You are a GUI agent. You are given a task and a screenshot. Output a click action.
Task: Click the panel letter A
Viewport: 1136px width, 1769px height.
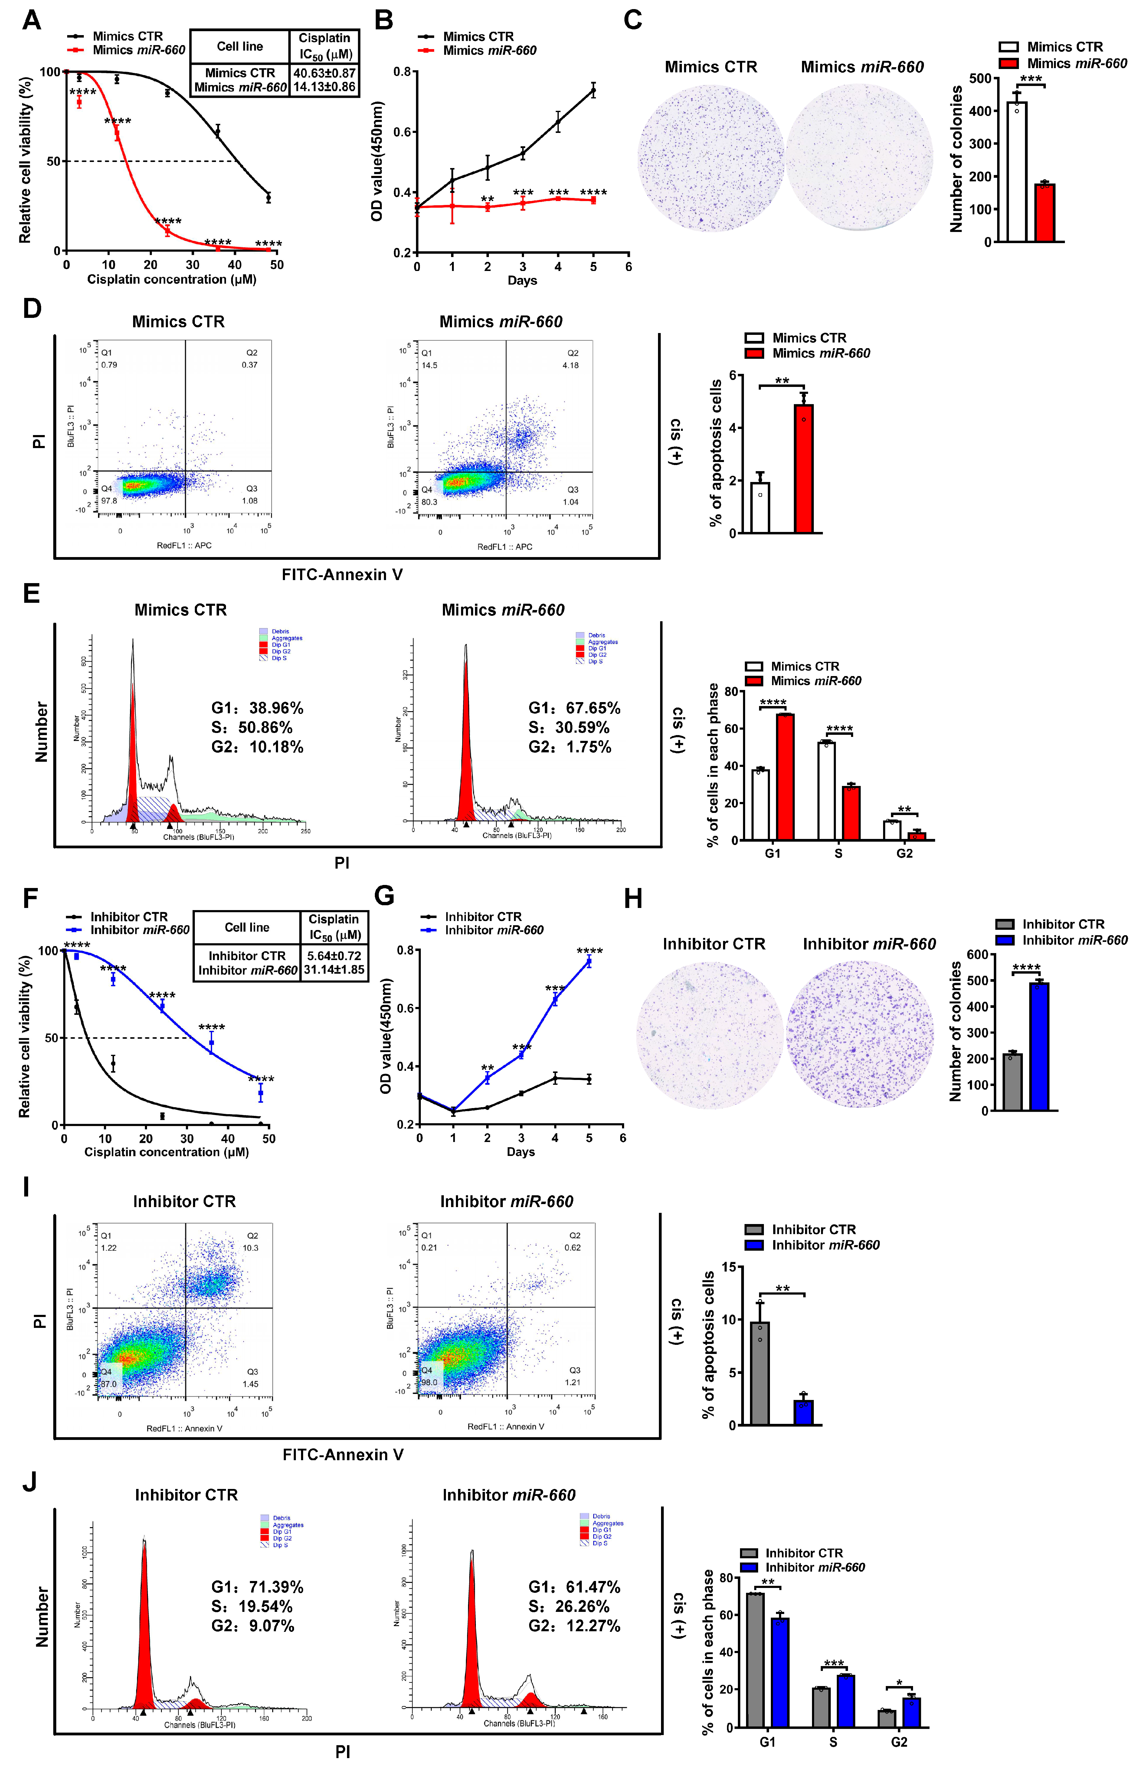point(31,20)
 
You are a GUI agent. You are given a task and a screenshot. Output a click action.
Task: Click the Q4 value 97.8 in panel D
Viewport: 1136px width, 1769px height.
point(109,500)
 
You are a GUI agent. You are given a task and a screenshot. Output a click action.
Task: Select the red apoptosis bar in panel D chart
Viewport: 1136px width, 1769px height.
point(803,469)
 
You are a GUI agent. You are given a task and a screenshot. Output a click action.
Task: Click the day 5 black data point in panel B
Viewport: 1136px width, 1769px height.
point(593,91)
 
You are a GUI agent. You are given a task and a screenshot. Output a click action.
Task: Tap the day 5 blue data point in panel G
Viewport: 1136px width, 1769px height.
point(589,962)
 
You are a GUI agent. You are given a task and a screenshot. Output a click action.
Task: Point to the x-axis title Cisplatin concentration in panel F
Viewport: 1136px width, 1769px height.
point(166,1152)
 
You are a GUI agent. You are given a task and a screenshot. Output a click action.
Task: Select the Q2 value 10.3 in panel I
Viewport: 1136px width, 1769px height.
point(251,1248)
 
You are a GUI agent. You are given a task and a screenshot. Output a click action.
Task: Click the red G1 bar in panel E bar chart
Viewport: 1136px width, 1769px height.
point(785,777)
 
